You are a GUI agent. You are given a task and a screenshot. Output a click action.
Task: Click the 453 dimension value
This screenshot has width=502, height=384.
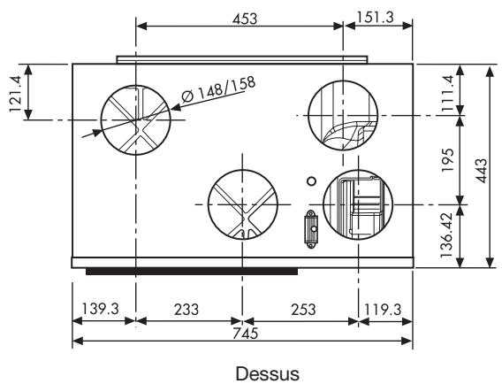click(245, 19)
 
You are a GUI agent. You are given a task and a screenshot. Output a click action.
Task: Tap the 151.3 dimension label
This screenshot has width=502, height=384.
click(375, 17)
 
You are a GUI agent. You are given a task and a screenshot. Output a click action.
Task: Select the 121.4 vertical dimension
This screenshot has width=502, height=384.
click(15, 94)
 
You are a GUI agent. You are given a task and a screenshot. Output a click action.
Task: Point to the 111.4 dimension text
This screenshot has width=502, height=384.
click(447, 93)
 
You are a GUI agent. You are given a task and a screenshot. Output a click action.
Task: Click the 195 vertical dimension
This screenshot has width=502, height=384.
click(447, 160)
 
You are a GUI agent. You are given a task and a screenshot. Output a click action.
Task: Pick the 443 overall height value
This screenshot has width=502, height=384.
click(481, 170)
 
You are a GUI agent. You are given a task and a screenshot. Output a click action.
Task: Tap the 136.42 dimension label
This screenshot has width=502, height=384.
click(446, 235)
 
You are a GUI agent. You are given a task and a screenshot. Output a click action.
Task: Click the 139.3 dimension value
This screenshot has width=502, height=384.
click(101, 310)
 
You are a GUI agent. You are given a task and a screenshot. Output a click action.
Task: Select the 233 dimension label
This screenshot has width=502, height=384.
click(186, 310)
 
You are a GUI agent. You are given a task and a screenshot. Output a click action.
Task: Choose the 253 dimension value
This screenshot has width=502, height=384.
click(303, 310)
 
